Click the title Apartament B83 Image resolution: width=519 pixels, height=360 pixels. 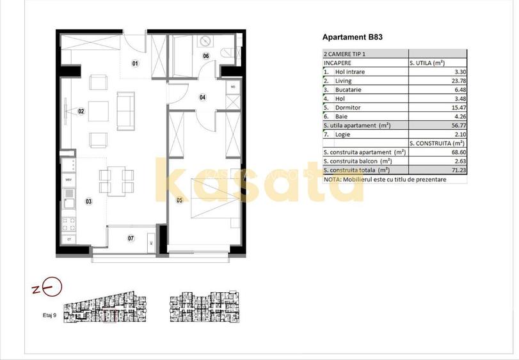(x=353, y=38)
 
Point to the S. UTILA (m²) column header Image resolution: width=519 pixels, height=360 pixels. (x=427, y=63)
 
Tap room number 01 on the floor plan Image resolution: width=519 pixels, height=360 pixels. (x=135, y=63)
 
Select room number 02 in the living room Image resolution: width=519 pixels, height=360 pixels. (x=81, y=111)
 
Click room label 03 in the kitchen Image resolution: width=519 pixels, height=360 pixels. (x=88, y=202)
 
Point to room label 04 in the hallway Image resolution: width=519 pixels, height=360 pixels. (x=202, y=98)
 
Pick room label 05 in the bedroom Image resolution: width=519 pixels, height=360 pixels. (x=179, y=200)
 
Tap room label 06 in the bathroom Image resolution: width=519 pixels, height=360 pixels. (x=206, y=56)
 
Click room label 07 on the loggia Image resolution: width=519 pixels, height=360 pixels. (x=131, y=239)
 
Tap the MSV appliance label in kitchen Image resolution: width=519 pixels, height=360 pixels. (x=68, y=180)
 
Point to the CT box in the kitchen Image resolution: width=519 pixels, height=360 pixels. (x=68, y=239)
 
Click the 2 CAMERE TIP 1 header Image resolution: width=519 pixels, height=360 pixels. (x=346, y=54)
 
